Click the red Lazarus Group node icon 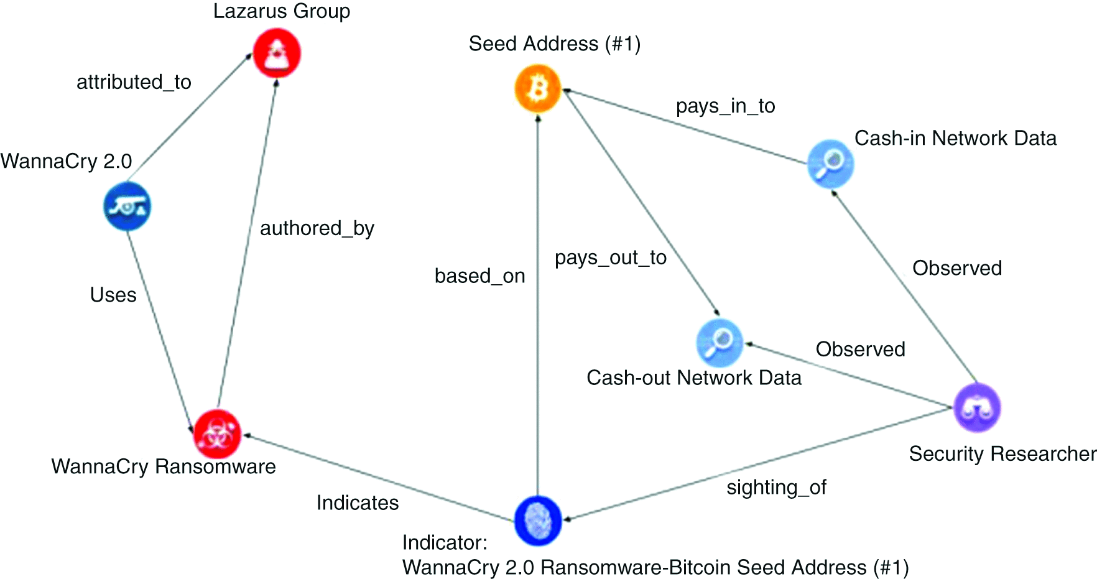(x=277, y=54)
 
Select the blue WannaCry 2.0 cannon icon (x=127, y=206)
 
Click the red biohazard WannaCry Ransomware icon (x=217, y=433)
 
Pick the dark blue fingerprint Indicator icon (x=538, y=521)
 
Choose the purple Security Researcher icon (x=977, y=408)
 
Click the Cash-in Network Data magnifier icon (x=830, y=164)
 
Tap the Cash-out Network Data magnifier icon (x=720, y=343)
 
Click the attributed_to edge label (x=134, y=82)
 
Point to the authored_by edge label (x=317, y=228)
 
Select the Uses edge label (x=113, y=295)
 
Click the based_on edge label (x=479, y=276)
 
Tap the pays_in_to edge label (x=725, y=106)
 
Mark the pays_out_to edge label (x=610, y=257)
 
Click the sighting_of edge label (x=776, y=487)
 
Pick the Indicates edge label (x=358, y=503)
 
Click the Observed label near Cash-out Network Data (x=860, y=350)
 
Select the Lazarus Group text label (x=282, y=11)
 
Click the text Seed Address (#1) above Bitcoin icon (x=554, y=44)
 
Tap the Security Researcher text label (x=1001, y=454)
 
